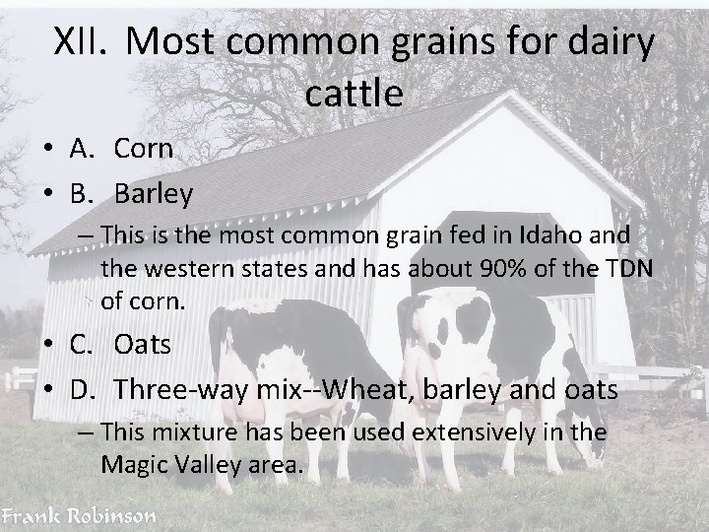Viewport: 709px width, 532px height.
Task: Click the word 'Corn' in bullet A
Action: point(143,149)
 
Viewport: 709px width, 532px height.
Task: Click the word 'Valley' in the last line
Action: point(201,463)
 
